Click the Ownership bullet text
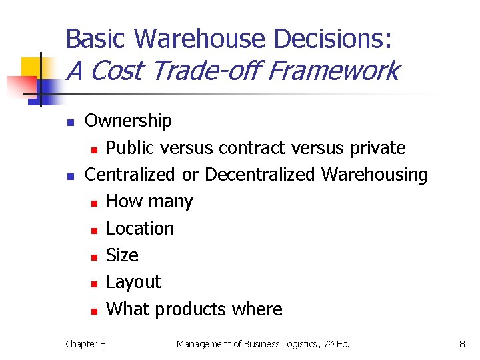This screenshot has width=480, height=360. [x=128, y=121]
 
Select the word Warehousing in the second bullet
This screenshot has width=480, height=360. [x=374, y=174]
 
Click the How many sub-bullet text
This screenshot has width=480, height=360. [x=149, y=201]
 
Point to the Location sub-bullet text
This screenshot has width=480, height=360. [x=140, y=228]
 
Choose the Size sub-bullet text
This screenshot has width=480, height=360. [x=122, y=255]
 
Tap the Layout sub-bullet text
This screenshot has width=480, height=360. [x=133, y=282]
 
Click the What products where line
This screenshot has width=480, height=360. [x=194, y=309]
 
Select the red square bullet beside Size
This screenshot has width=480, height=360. [x=94, y=257]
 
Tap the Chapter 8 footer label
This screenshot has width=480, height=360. [x=85, y=344]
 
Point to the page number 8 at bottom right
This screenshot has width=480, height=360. [x=461, y=344]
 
